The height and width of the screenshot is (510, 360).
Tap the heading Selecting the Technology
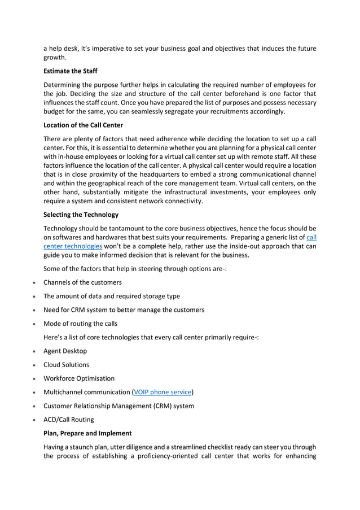pyautogui.click(x=81, y=214)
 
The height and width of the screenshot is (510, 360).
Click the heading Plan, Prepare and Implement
pyautogui.click(x=87, y=433)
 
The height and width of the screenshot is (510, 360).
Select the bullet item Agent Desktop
pyautogui.click(x=65, y=351)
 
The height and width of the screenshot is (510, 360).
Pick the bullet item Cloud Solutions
pyautogui.click(x=66, y=365)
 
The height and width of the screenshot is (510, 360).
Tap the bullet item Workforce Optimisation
pyautogui.click(x=78, y=378)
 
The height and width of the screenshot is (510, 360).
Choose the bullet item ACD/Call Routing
pyautogui.click(x=68, y=420)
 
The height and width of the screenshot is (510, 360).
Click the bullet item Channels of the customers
pyautogui.click(x=82, y=282)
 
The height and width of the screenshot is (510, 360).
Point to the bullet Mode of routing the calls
pyautogui.click(x=81, y=324)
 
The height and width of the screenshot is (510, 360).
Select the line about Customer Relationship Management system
pyautogui.click(x=118, y=406)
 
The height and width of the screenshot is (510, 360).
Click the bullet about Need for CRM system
pyautogui.click(x=124, y=310)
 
